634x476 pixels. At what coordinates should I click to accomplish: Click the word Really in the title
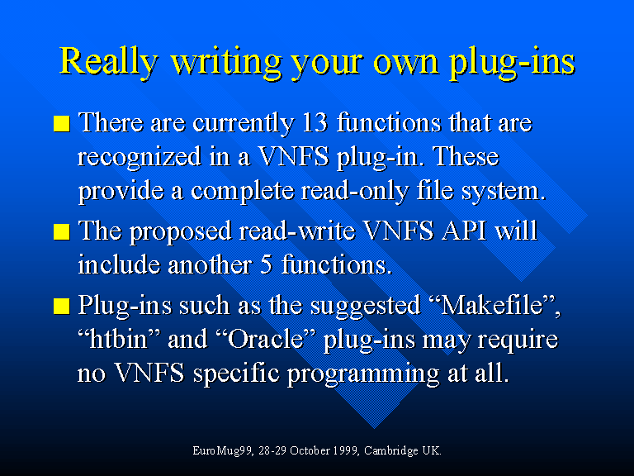[108, 61]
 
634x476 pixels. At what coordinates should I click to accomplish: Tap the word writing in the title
[225, 61]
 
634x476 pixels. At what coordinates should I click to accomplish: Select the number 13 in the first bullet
[315, 122]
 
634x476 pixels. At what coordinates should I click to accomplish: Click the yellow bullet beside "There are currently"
[61, 123]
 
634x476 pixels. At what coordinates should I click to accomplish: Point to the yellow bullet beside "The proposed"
[61, 231]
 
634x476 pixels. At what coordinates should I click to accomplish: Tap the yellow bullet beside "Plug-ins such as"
[61, 306]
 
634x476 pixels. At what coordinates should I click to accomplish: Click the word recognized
[140, 158]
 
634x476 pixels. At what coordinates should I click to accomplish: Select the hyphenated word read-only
[355, 192]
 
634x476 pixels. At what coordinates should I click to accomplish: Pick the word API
[464, 231]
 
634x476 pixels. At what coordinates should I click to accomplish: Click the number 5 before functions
[266, 265]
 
